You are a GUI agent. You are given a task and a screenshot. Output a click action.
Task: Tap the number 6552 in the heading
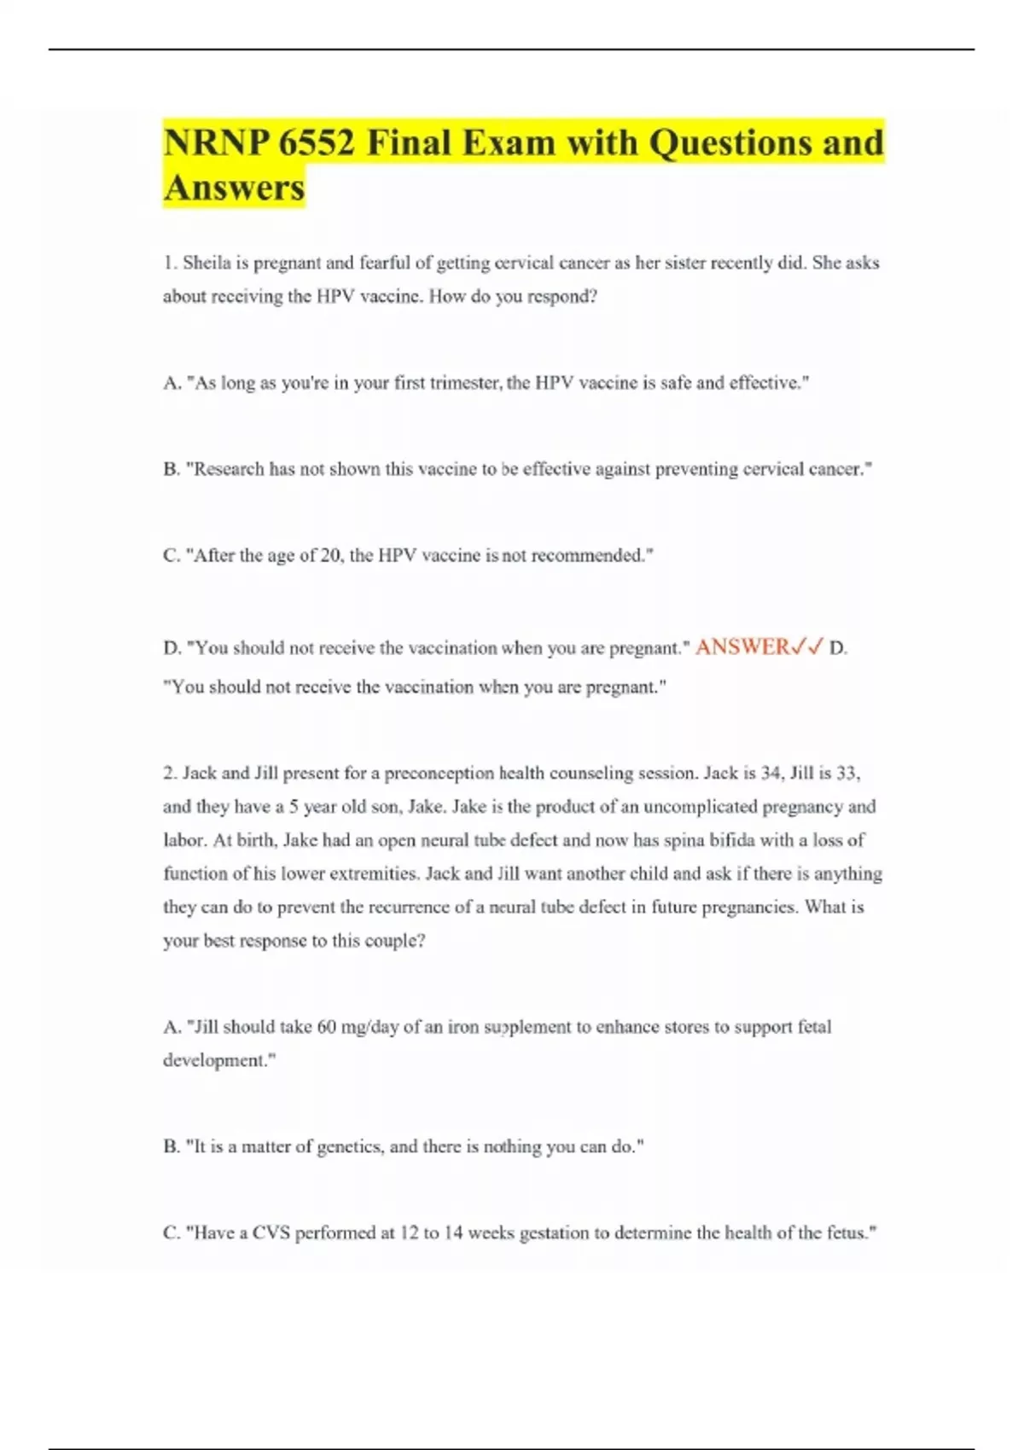click(x=317, y=142)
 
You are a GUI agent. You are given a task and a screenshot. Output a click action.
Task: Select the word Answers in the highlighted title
click(x=234, y=188)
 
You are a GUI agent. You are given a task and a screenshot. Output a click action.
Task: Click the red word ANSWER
click(x=743, y=647)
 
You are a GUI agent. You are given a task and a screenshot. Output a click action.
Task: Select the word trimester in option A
click(x=466, y=383)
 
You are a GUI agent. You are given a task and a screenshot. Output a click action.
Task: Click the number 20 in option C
click(x=330, y=555)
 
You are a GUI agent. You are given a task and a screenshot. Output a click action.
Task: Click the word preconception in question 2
click(x=439, y=774)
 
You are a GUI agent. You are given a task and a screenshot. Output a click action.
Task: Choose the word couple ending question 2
click(x=393, y=941)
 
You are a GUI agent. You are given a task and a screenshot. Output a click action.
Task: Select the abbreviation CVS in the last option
click(x=271, y=1233)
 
